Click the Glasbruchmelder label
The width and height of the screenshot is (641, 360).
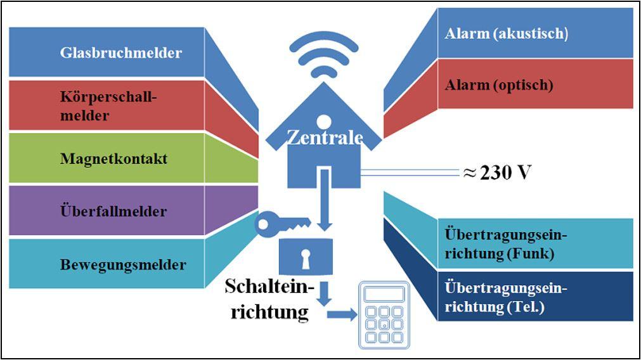[120, 53]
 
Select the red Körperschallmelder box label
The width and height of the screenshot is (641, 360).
[107, 106]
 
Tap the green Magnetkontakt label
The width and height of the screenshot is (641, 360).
[113, 158]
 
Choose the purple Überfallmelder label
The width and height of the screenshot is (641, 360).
[113, 211]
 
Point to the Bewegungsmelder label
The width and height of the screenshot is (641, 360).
[123, 264]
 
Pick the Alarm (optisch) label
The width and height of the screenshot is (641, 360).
[499, 84]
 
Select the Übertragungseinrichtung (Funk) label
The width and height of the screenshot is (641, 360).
[505, 244]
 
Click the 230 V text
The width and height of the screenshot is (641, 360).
[504, 172]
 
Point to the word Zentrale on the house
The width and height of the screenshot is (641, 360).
[324, 137]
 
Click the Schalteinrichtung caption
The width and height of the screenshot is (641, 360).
[269, 299]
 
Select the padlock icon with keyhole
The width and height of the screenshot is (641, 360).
[306, 256]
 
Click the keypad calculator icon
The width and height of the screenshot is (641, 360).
[384, 315]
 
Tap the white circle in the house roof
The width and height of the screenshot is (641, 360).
[323, 119]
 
